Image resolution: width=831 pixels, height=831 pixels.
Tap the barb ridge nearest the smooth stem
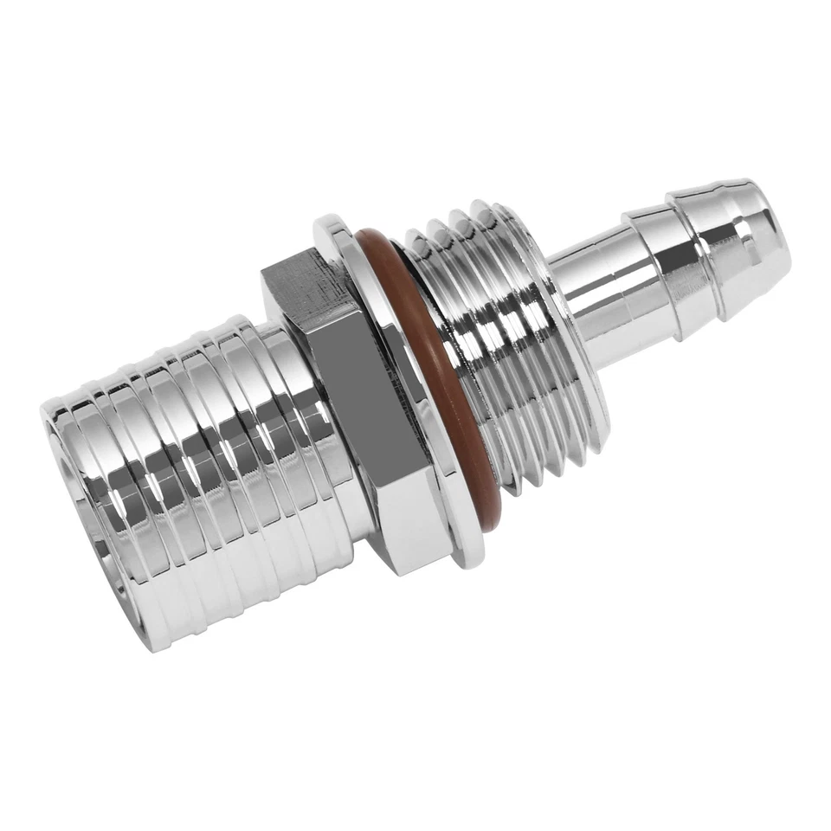(641, 260)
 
